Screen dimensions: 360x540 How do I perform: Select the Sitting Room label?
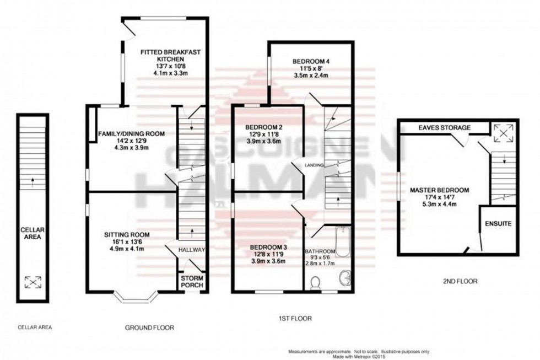coord(127,235)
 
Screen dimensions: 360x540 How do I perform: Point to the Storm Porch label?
coord(192,282)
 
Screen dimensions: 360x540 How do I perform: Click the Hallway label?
coord(192,250)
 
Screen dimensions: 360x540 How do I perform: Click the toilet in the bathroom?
coord(316,283)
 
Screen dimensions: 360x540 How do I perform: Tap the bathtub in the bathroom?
coord(343,243)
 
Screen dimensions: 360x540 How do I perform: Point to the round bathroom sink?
coord(345,278)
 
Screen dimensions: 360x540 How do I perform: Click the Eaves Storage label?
coord(445,128)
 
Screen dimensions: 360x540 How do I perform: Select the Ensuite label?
coord(499,224)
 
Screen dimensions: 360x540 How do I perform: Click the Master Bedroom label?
coord(440,190)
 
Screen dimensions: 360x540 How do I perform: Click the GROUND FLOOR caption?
coord(150,327)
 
